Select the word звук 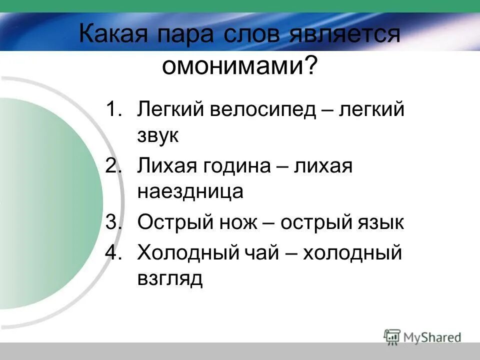[x=158, y=136]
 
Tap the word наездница [x=190, y=192]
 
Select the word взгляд [x=170, y=279]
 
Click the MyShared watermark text [x=432, y=337]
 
